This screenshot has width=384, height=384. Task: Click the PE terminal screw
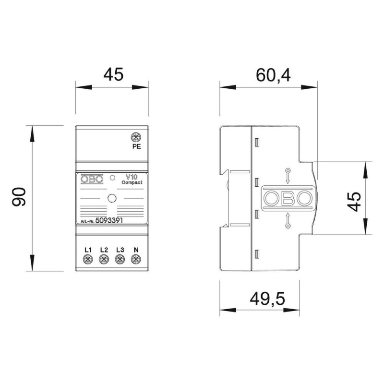tap(136, 137)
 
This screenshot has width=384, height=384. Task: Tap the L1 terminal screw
tap(88, 259)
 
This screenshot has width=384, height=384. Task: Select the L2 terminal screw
tap(104, 259)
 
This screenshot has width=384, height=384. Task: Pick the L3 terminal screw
tap(120, 259)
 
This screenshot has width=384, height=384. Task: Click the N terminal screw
tap(136, 259)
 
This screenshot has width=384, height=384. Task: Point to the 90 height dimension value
tap(19, 197)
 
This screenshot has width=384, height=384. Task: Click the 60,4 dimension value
tap(273, 75)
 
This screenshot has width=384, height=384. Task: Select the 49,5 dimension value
tap(267, 298)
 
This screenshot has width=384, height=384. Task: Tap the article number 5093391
tap(109, 220)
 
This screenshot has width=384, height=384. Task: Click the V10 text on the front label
tap(132, 177)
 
